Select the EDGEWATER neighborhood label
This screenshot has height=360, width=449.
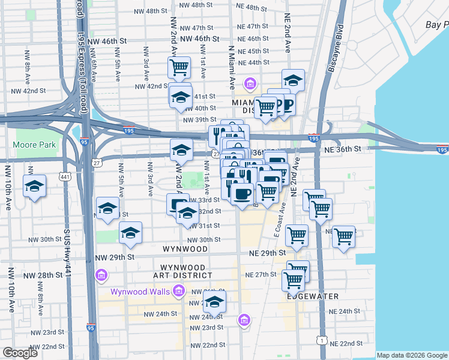click(313, 296)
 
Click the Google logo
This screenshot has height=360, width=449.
click(19, 353)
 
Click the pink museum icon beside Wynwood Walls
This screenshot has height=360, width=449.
click(178, 292)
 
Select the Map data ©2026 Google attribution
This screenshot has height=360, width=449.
click(412, 355)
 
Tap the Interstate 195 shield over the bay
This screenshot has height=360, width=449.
click(442, 151)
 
